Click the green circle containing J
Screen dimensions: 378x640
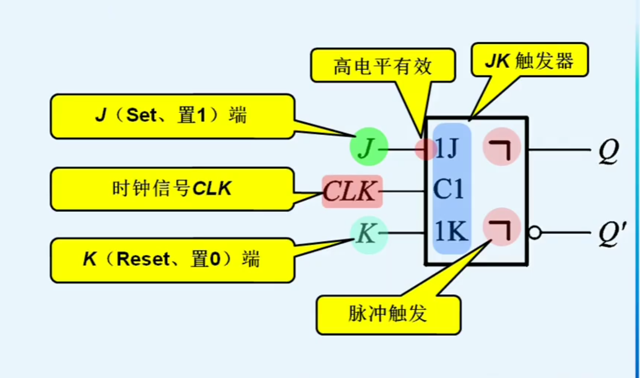click(x=368, y=147)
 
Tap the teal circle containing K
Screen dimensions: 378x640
click(x=368, y=234)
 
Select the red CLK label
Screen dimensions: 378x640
click(x=352, y=191)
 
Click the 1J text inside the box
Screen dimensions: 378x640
click(x=447, y=149)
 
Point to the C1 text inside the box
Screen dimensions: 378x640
click(x=448, y=189)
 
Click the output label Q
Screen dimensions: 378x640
click(x=609, y=151)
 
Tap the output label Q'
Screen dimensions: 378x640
click(x=612, y=234)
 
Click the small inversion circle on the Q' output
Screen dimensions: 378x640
click(x=534, y=233)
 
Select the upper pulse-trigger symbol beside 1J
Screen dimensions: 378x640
click(x=501, y=148)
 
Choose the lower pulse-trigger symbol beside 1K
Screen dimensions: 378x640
click(x=501, y=227)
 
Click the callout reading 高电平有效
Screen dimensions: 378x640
click(x=383, y=66)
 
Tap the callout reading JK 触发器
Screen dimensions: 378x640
click(x=529, y=61)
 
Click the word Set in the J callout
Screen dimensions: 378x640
click(x=141, y=115)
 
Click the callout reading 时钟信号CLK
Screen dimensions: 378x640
click(x=172, y=189)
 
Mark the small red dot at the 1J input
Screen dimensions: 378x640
click(x=423, y=149)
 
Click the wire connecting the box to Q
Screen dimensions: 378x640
click(x=559, y=150)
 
